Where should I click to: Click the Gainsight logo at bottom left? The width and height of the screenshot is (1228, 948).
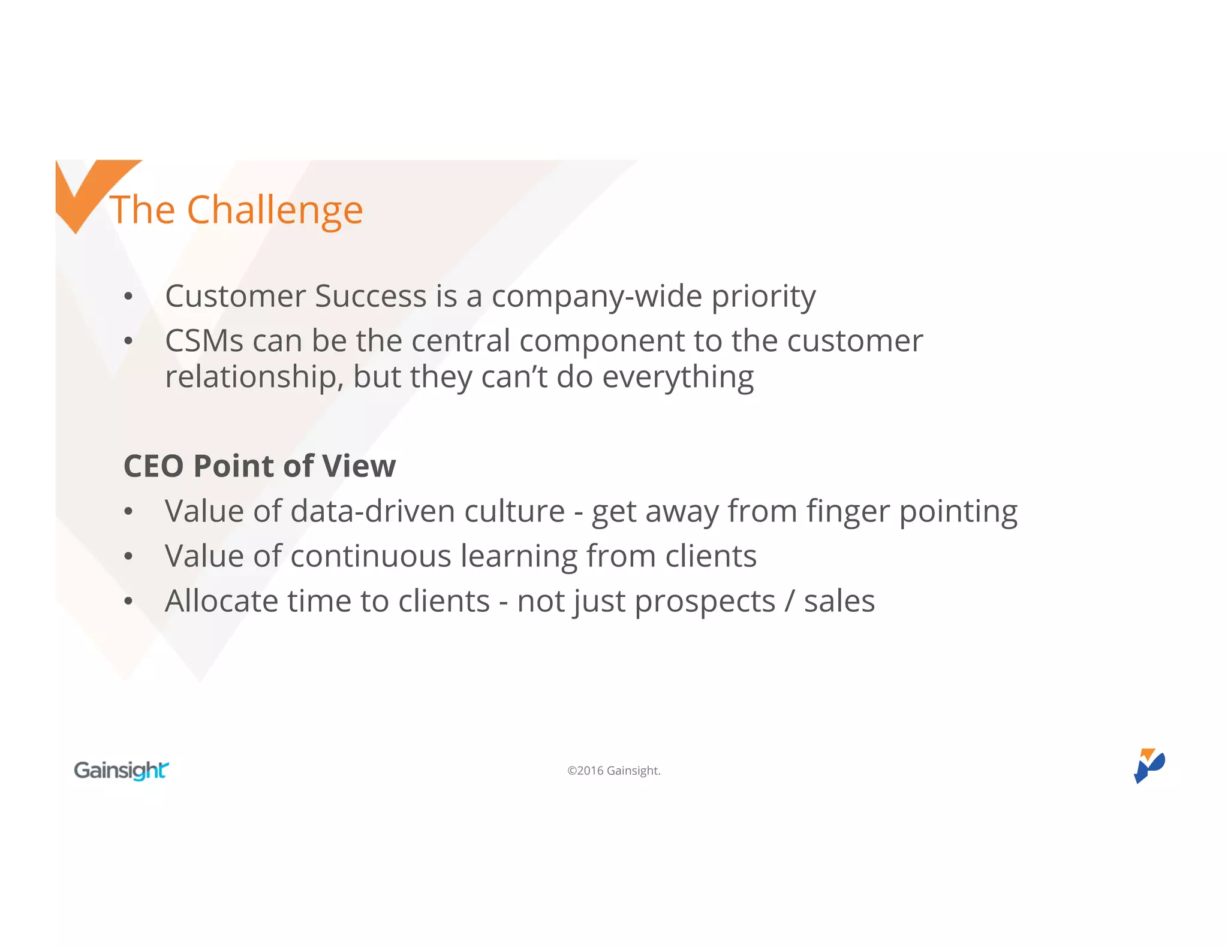(x=121, y=770)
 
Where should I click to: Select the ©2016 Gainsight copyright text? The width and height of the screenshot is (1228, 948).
(x=613, y=771)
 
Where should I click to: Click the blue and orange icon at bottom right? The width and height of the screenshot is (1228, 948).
(x=1148, y=765)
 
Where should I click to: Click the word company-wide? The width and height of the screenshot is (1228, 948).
(x=596, y=297)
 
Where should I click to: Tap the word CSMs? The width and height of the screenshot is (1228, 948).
(x=204, y=341)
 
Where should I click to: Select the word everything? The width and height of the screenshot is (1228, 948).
(x=678, y=378)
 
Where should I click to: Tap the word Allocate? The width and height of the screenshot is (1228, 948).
(x=221, y=601)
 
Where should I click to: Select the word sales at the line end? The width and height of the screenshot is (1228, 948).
(x=839, y=601)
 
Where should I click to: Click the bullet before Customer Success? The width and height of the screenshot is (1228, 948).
(x=128, y=297)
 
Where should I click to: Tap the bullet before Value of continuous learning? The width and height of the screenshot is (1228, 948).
(x=128, y=557)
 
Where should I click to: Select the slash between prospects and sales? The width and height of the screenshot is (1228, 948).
(x=789, y=601)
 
